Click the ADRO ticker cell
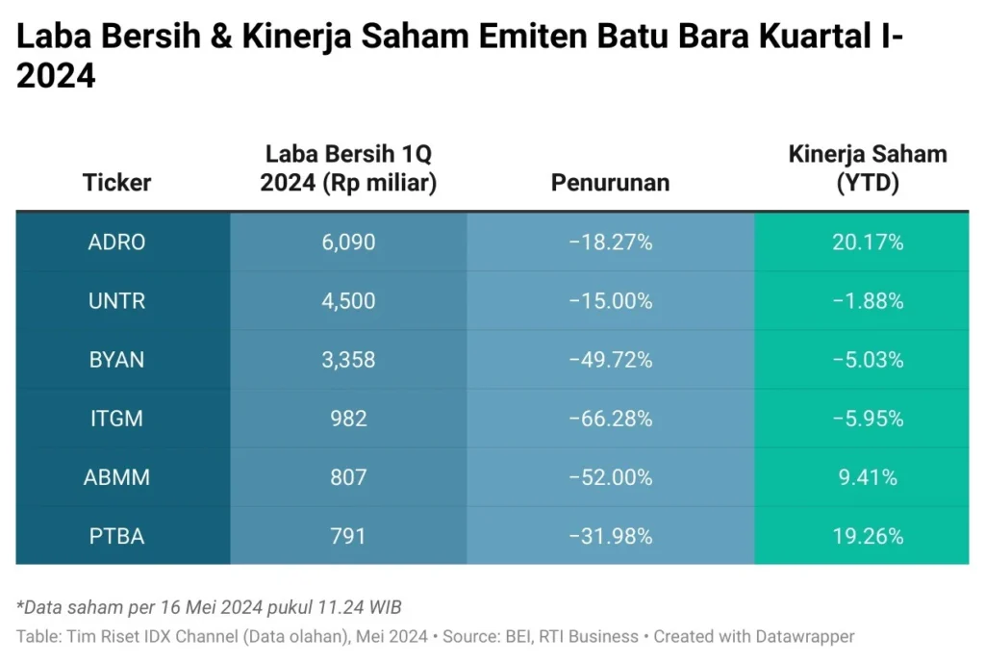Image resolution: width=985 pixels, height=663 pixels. pyautogui.click(x=116, y=242)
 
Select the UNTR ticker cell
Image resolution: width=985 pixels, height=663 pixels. pyautogui.click(x=116, y=301)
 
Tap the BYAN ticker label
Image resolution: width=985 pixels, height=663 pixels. pyautogui.click(x=116, y=360)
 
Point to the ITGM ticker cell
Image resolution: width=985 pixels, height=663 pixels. pyautogui.click(x=116, y=419)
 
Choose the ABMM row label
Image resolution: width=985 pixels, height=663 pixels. pyautogui.click(x=116, y=477)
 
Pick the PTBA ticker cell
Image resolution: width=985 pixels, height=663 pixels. pyautogui.click(x=116, y=536)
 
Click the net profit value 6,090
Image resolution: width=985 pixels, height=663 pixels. pyautogui.click(x=348, y=242)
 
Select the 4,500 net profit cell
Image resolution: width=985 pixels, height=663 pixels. pyautogui.click(x=348, y=301)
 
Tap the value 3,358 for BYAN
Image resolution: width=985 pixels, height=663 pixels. pyautogui.click(x=348, y=360)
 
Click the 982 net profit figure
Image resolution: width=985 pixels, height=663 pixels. pyautogui.click(x=348, y=419)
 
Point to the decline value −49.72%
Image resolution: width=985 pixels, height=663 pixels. pyautogui.click(x=610, y=360)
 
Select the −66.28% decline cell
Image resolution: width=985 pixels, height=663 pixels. pyautogui.click(x=610, y=419)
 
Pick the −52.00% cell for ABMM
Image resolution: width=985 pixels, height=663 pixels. pyautogui.click(x=610, y=477)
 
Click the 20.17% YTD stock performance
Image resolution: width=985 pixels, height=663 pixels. pyautogui.click(x=868, y=242)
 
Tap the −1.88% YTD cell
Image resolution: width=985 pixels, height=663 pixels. pyautogui.click(x=868, y=301)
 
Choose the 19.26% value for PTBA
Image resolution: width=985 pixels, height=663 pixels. pyautogui.click(x=868, y=536)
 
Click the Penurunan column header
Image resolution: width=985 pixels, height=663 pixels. pyautogui.click(x=610, y=183)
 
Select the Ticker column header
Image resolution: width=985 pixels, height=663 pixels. pyautogui.click(x=116, y=183)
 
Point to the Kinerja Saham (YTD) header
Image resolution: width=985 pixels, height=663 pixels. pyautogui.click(x=868, y=168)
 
